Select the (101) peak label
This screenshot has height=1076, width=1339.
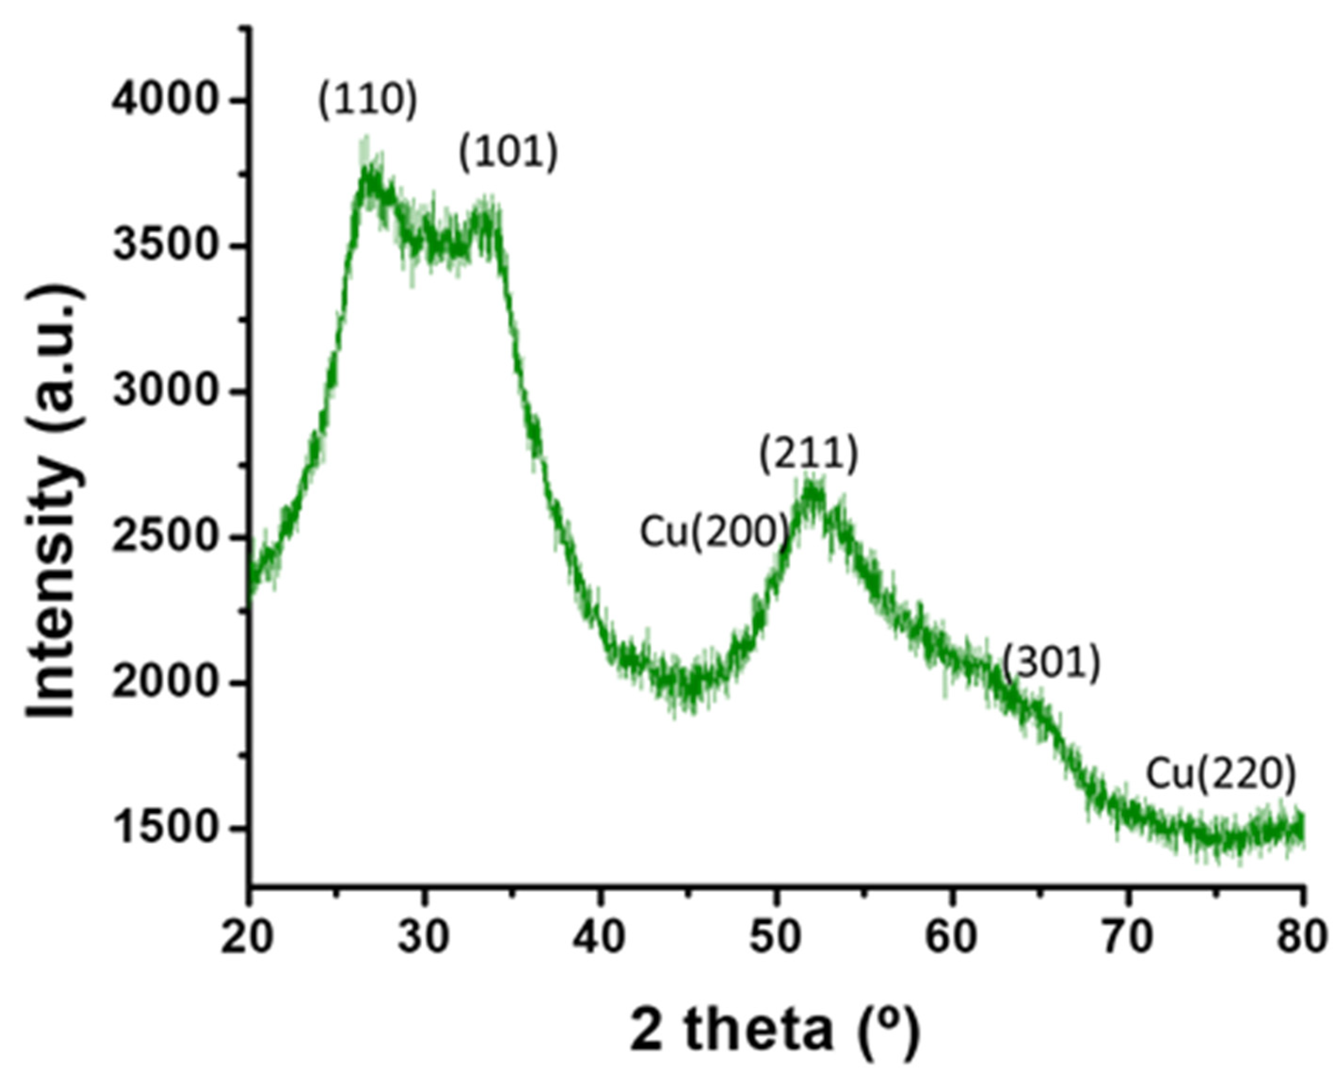coord(508,153)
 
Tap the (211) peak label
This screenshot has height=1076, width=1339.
coord(808,454)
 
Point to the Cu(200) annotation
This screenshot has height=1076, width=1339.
coord(714,533)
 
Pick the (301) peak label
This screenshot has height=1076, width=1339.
coord(1051,663)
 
